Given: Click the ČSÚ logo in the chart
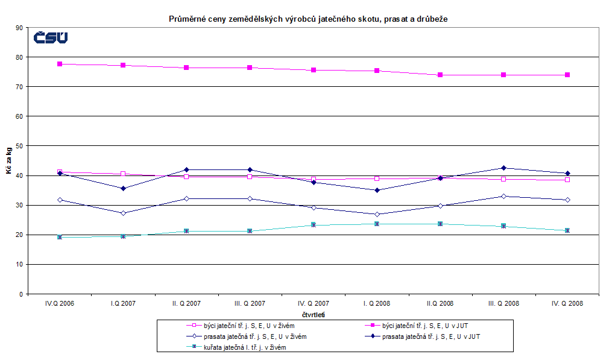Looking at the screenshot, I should [x=51, y=38].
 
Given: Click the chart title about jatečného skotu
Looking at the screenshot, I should [x=307, y=19].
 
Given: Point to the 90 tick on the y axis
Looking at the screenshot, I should [x=19, y=28].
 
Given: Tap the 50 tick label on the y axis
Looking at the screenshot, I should [x=19, y=146].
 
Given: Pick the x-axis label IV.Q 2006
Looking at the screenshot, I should [x=60, y=303].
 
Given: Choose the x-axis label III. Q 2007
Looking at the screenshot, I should [x=250, y=303].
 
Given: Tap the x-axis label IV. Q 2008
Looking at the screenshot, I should [x=567, y=303].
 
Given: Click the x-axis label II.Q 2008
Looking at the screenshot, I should [x=440, y=303].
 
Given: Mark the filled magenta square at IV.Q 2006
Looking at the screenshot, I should [x=60, y=64].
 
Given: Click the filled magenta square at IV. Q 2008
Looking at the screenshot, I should [x=567, y=75].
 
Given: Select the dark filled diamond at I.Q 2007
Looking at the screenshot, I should [x=123, y=189].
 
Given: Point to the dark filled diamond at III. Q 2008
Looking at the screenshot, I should [x=504, y=168].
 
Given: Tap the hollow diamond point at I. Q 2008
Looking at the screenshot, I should [x=377, y=214].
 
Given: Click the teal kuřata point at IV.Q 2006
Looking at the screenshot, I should [x=60, y=237].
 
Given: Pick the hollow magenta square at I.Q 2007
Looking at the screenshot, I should [x=123, y=174].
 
